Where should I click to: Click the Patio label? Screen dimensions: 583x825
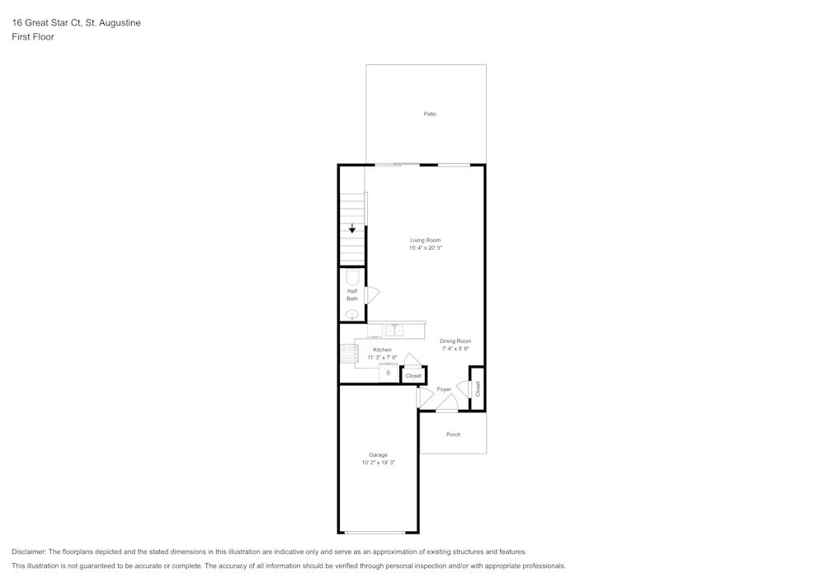point(430,114)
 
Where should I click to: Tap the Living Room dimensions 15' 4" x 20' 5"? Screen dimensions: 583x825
point(426,248)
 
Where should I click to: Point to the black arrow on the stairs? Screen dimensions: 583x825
point(352,229)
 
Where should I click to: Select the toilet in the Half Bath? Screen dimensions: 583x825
point(353,277)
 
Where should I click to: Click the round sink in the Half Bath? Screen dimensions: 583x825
point(352,314)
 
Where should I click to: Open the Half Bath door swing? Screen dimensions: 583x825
point(372,294)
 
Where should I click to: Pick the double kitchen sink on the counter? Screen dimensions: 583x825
point(394,331)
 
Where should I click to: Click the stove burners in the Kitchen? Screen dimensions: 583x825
point(349,353)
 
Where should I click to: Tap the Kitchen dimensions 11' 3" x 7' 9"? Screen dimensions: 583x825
point(383,357)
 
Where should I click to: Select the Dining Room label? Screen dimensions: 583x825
point(455,341)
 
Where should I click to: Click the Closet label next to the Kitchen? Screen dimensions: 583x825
point(413,376)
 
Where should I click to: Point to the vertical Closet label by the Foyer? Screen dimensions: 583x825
point(477,388)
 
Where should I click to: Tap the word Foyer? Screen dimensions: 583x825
point(444,389)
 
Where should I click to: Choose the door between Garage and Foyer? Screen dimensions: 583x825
point(424,397)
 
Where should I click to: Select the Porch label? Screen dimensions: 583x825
point(453,435)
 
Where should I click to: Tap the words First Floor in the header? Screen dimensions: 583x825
point(33,37)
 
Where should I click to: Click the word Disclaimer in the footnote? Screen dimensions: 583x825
point(29,552)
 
